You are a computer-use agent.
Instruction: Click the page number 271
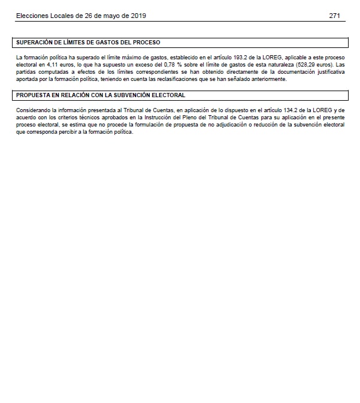(335, 16)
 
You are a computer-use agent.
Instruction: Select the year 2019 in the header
(138, 16)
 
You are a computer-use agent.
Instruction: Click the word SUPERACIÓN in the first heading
(35, 43)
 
